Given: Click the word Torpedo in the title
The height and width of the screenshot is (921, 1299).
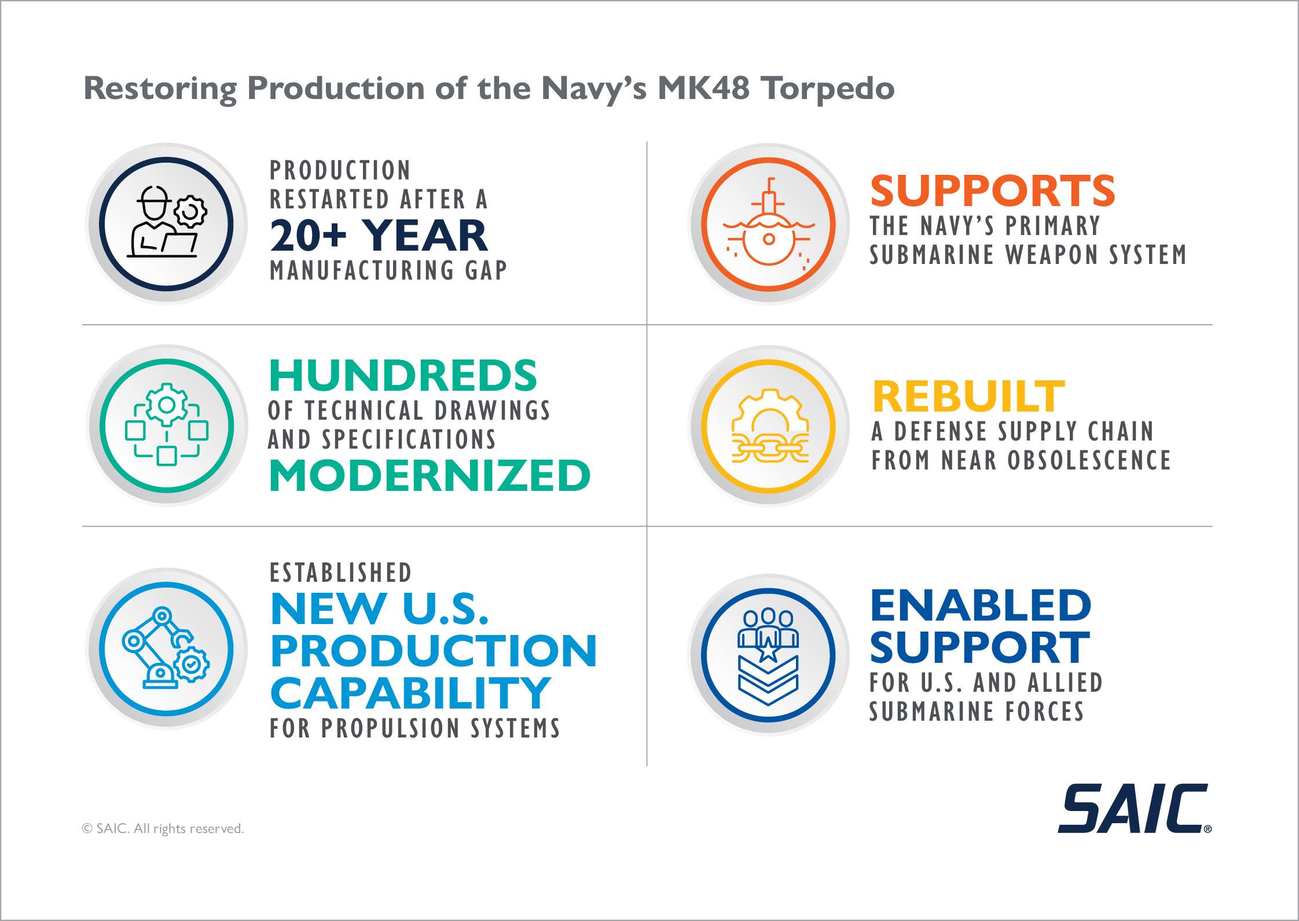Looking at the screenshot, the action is pos(827,89).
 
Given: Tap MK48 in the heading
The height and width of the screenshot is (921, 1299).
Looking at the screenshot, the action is pos(703,89).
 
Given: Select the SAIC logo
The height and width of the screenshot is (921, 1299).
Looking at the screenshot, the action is pos(1135,808).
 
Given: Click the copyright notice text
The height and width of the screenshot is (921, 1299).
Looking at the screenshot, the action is pos(163,828).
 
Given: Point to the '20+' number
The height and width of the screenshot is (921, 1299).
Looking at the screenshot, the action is pos(308,236).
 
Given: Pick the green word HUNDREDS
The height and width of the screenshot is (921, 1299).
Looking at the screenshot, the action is pos(403,375).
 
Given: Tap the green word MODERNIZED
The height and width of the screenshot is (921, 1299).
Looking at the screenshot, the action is pos(430,475).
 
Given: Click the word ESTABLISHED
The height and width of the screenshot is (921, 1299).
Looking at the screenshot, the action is pos(341,573).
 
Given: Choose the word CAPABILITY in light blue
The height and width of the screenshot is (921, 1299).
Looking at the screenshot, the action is pos(410,693).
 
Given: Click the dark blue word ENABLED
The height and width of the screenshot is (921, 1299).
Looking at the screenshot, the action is pos(981,605).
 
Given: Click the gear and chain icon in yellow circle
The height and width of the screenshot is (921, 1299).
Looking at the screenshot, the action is pos(769,426).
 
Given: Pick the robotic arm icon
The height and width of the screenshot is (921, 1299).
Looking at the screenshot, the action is pos(166,648).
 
